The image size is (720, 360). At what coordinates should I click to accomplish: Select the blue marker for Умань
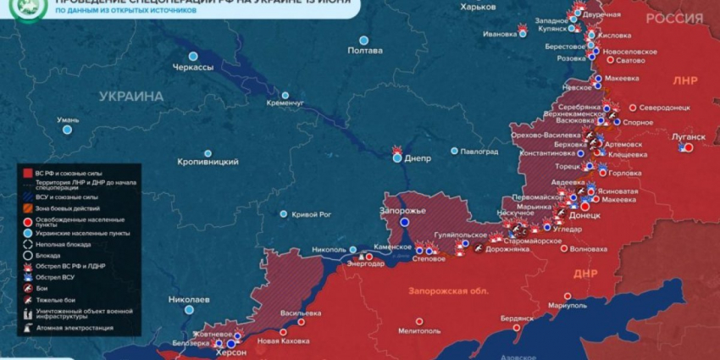tap(69, 130)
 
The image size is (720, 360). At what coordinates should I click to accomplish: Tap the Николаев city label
tap(189, 299)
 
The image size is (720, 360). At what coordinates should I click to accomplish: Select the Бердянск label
tap(517, 318)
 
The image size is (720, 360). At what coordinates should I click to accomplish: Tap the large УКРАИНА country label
tap(130, 97)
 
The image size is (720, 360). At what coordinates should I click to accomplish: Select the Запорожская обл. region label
tap(448, 291)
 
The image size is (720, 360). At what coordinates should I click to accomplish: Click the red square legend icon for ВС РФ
tap(27, 173)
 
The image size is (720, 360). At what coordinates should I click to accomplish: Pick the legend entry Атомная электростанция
tap(75, 328)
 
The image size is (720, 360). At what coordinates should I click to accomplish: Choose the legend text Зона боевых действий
tap(67, 208)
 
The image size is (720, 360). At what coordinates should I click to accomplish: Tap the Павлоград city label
tap(479, 152)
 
